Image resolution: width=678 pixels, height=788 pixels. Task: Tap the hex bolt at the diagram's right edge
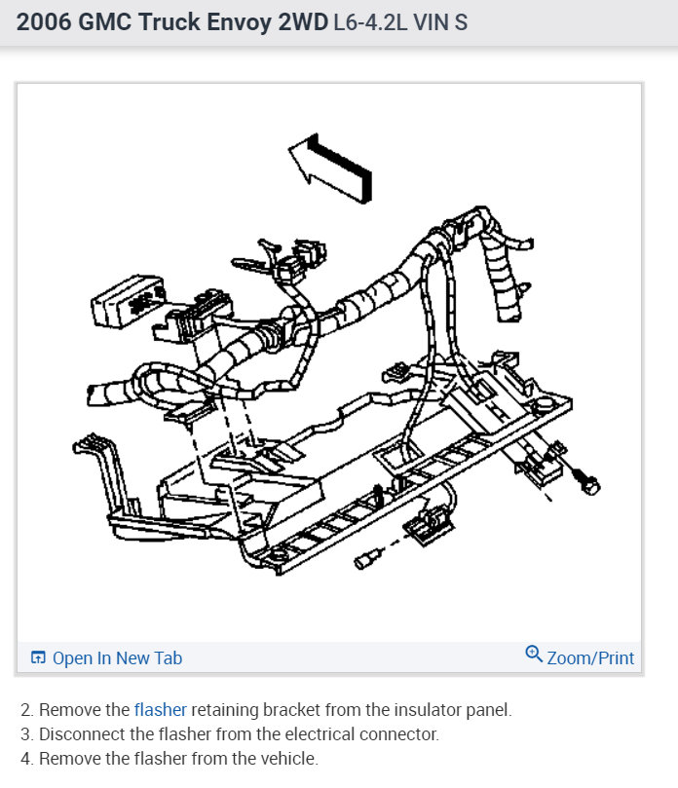587,481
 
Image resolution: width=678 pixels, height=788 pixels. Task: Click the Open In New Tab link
117,658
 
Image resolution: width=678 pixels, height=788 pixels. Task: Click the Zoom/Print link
590,658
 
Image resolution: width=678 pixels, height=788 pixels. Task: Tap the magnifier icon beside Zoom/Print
534,655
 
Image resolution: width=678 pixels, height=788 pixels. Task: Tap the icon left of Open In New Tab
38,658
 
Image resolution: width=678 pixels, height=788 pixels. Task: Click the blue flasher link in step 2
161,710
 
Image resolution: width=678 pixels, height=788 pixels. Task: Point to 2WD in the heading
303,21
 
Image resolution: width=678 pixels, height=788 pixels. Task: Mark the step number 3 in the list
25,734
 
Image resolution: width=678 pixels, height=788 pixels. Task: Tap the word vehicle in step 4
286,759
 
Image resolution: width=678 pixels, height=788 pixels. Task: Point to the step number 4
25,759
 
